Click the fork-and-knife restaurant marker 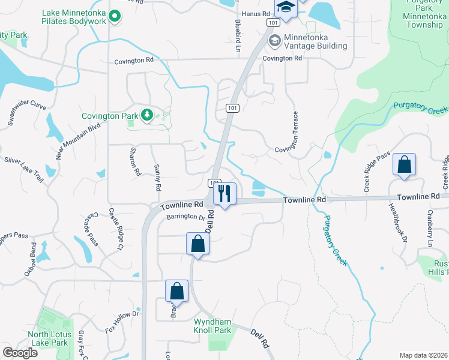[x=224, y=193]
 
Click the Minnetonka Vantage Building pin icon [x=274, y=41]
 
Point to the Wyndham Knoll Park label [x=212, y=326]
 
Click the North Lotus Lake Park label [x=49, y=338]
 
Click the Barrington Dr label [x=186, y=218]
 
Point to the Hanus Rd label [x=253, y=13]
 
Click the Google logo [x=20, y=353]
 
